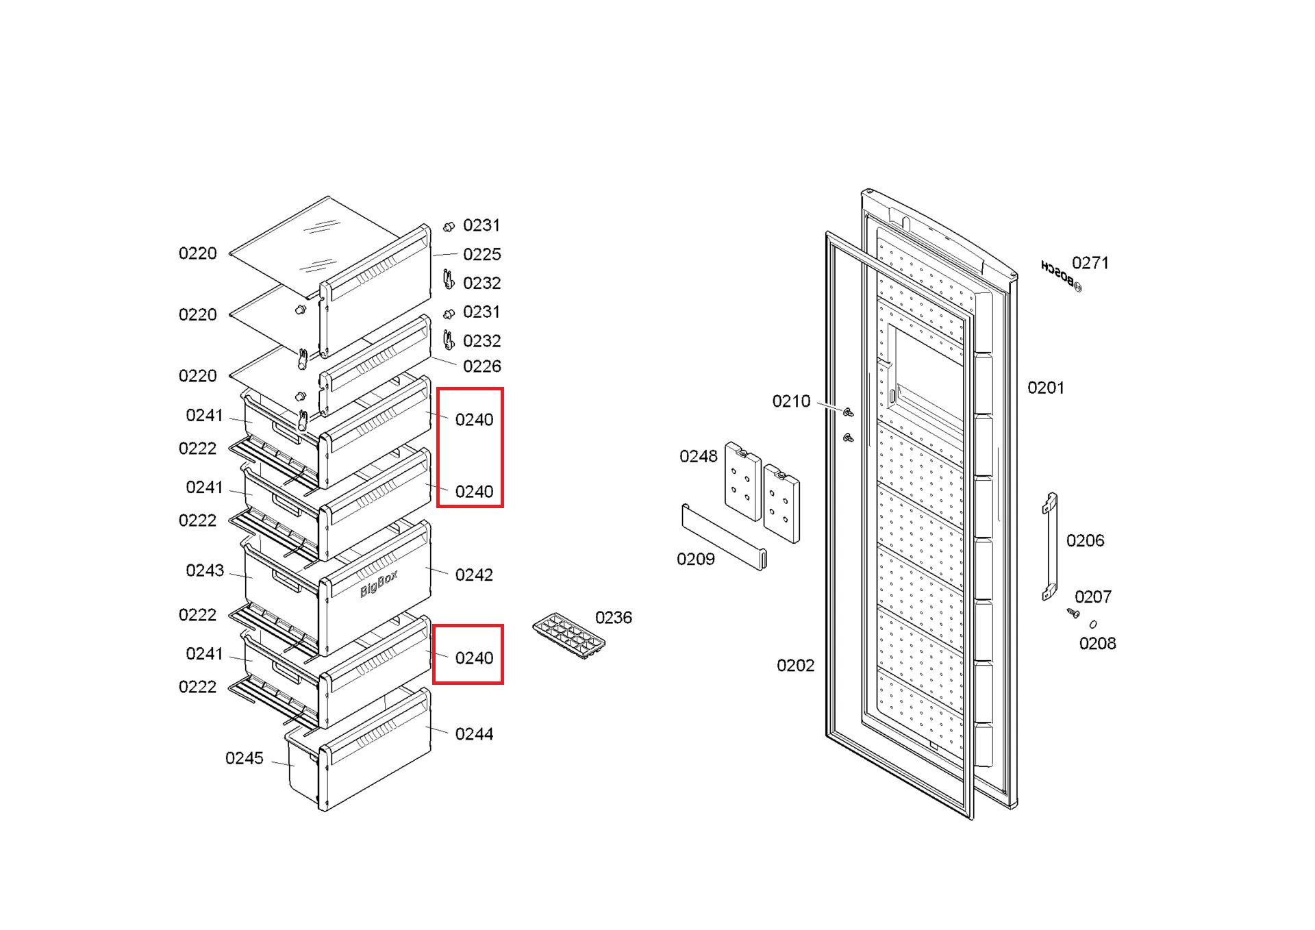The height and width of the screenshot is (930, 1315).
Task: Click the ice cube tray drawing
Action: (569, 636)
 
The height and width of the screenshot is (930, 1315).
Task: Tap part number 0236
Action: (613, 618)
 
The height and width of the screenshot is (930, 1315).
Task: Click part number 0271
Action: (1090, 263)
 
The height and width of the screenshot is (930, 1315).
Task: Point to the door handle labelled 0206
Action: (1050, 546)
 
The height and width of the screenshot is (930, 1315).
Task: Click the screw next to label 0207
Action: (1073, 613)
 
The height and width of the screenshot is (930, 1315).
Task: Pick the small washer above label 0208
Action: (1093, 624)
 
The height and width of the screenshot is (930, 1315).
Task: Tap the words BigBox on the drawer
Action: (379, 583)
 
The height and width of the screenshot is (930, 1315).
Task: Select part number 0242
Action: (474, 575)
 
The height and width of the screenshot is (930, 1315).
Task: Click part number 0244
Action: (474, 734)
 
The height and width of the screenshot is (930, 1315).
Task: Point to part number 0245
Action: (245, 758)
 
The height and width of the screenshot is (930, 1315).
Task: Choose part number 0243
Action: (205, 570)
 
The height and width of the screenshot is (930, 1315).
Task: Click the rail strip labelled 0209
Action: (724, 538)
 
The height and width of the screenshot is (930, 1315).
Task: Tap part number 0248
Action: (698, 457)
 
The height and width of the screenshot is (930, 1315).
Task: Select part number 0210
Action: (791, 401)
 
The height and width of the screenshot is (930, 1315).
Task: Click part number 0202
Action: (795, 666)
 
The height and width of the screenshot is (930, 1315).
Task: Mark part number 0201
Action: (1046, 388)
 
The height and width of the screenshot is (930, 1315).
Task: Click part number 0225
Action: (482, 255)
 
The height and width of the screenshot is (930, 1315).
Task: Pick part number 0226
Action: (482, 366)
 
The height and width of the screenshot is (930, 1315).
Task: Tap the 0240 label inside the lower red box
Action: (474, 658)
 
